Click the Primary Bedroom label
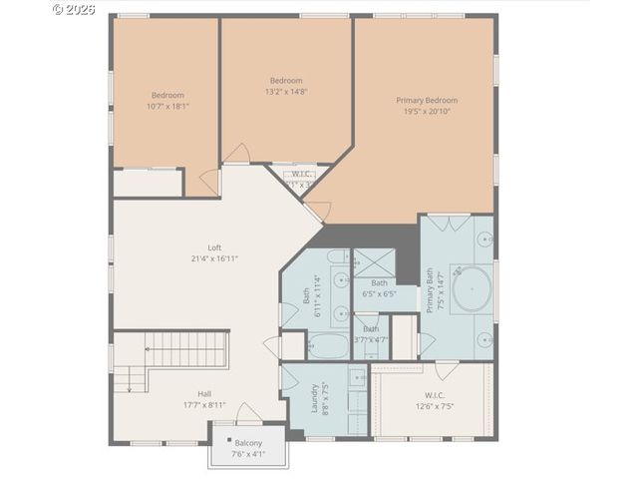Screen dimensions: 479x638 (x=427, y=100)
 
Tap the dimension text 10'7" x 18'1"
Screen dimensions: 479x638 (x=167, y=106)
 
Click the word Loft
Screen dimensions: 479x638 (x=214, y=247)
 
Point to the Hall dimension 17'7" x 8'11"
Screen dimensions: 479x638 (x=203, y=404)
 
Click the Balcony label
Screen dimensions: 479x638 (x=248, y=443)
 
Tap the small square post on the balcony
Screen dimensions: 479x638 (x=229, y=440)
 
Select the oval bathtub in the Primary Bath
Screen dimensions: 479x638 (x=471, y=288)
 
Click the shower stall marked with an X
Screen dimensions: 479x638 (x=375, y=262)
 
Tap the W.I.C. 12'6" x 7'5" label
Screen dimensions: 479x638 (x=434, y=400)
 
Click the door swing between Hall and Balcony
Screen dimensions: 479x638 (x=248, y=412)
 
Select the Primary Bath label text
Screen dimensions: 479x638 (x=431, y=290)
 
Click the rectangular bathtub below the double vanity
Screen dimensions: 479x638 (x=327, y=346)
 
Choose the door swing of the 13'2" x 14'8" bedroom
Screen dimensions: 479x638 (x=237, y=154)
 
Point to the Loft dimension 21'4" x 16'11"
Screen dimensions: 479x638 (x=214, y=258)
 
